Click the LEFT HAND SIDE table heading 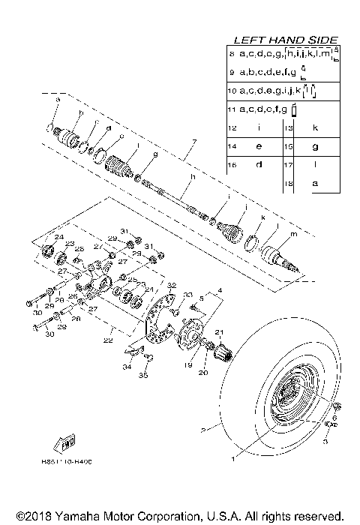coord(286,40)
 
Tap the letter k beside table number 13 coord(315,128)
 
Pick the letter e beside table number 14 coord(258,146)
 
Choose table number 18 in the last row coord(287,182)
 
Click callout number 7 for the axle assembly coord(193,142)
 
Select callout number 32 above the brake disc coord(171,286)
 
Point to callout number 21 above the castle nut coord(220,332)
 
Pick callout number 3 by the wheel coord(325,442)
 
